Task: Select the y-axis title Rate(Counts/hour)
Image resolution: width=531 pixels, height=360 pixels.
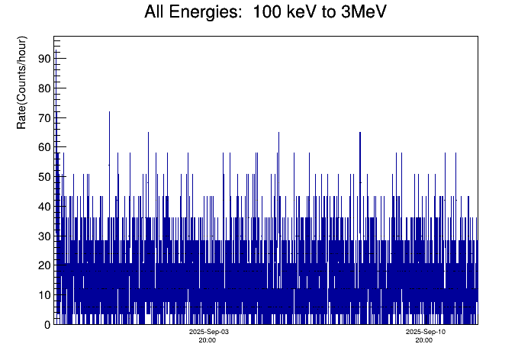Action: click(x=22, y=82)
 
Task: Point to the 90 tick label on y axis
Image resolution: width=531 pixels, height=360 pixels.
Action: click(x=43, y=59)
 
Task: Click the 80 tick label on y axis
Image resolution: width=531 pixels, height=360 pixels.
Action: click(x=43, y=88)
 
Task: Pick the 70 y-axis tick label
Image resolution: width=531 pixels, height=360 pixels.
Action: click(x=43, y=118)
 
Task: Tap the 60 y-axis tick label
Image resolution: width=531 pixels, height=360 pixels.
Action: click(x=43, y=147)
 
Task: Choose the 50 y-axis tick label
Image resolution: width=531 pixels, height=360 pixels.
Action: click(x=43, y=177)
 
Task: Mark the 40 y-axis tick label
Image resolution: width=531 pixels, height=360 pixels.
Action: click(x=43, y=207)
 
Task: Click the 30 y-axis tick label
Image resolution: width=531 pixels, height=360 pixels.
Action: click(x=43, y=236)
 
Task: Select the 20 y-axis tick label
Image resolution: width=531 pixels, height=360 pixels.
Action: click(x=43, y=265)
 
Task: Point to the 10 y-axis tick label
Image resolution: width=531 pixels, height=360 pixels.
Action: click(x=43, y=295)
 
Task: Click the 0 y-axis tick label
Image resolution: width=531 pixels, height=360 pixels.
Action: click(x=47, y=325)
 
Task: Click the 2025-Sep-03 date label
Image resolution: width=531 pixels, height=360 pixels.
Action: click(x=209, y=333)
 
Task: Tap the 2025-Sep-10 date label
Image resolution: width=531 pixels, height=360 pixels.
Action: click(x=425, y=333)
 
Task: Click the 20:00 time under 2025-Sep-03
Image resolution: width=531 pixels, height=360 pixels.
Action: click(x=208, y=340)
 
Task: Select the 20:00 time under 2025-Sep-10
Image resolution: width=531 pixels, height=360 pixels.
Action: click(x=423, y=340)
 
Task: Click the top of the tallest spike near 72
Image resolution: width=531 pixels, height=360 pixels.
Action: click(x=109, y=112)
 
